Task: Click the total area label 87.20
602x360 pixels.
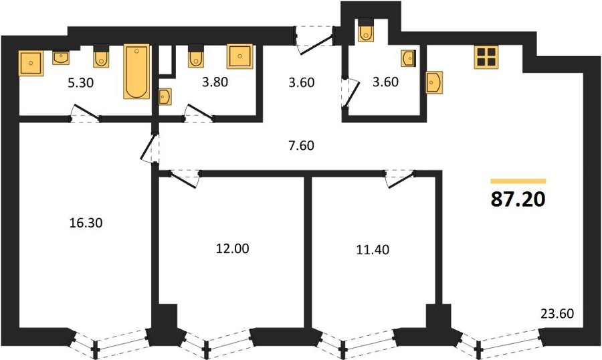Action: [x=518, y=199]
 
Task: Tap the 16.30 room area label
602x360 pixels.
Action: [x=86, y=223]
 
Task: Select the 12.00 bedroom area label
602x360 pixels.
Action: [x=232, y=248]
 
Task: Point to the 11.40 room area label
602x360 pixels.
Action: [x=373, y=250]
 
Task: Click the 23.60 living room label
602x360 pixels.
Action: [x=557, y=314]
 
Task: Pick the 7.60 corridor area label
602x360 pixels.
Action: [x=302, y=146]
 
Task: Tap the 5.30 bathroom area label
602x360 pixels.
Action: [x=81, y=82]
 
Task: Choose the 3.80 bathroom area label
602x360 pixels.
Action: [x=215, y=82]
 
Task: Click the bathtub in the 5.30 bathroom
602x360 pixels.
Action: [x=136, y=72]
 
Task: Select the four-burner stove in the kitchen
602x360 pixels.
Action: [x=486, y=58]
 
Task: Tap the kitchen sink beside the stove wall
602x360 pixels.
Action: [x=434, y=82]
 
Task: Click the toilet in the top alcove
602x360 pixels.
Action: [x=365, y=30]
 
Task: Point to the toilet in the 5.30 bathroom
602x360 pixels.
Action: [x=102, y=56]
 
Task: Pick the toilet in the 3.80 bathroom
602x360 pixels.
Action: [x=196, y=56]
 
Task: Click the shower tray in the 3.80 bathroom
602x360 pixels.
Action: [x=240, y=56]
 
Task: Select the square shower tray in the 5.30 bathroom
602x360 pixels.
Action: [x=31, y=63]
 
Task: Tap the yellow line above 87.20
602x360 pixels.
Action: [x=518, y=181]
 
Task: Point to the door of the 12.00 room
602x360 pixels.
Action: [x=183, y=179]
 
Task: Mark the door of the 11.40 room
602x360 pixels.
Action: [x=400, y=179]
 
